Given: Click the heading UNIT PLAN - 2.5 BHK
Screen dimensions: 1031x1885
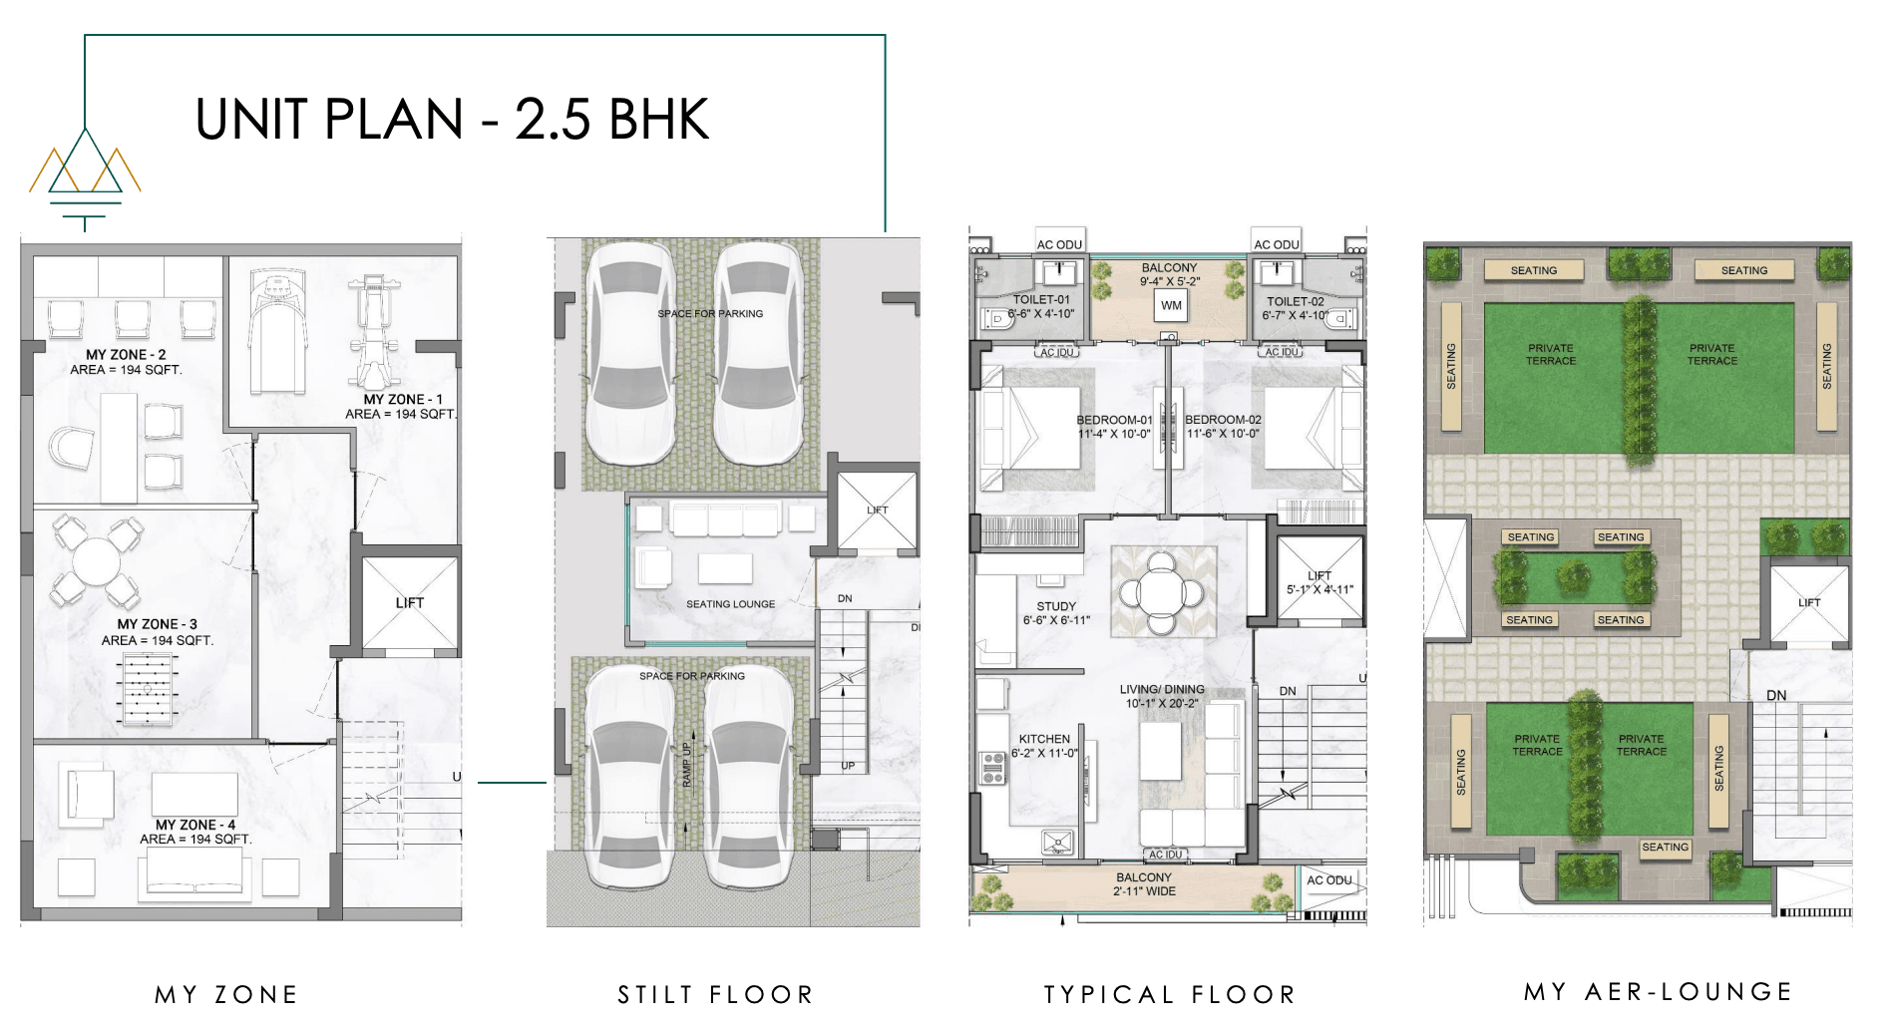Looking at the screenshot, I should tap(452, 120).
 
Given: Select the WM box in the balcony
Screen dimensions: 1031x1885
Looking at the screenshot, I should tap(1171, 306).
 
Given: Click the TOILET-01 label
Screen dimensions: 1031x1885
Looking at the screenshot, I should tap(1041, 300).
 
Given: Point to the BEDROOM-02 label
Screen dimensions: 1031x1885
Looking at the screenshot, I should tap(1223, 420).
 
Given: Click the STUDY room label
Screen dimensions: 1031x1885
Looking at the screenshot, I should tap(1056, 606).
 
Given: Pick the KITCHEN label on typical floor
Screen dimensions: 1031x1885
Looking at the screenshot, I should tap(1044, 739).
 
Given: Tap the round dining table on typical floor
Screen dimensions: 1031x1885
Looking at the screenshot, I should tap(1161, 593).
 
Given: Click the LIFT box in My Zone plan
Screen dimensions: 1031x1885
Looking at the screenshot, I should tap(409, 602).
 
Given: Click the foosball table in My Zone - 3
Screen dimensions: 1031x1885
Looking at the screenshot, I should tap(148, 688).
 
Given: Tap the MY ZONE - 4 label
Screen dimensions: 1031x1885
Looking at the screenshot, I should tap(195, 825).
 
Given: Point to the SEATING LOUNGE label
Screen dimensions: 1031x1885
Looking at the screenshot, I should tap(730, 604).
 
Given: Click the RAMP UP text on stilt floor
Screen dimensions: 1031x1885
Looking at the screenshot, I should tap(686, 765).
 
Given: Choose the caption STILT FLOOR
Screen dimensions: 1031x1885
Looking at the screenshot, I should tap(715, 994).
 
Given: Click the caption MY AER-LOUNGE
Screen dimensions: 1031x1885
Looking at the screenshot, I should tap(1658, 992).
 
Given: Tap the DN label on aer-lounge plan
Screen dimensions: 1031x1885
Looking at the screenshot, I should tap(1776, 695).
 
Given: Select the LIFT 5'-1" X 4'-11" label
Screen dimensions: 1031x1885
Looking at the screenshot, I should tap(1319, 582).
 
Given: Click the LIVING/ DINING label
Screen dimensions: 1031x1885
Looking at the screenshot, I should tap(1162, 689).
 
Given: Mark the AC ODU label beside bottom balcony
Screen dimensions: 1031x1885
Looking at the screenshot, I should tap(1329, 879).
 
